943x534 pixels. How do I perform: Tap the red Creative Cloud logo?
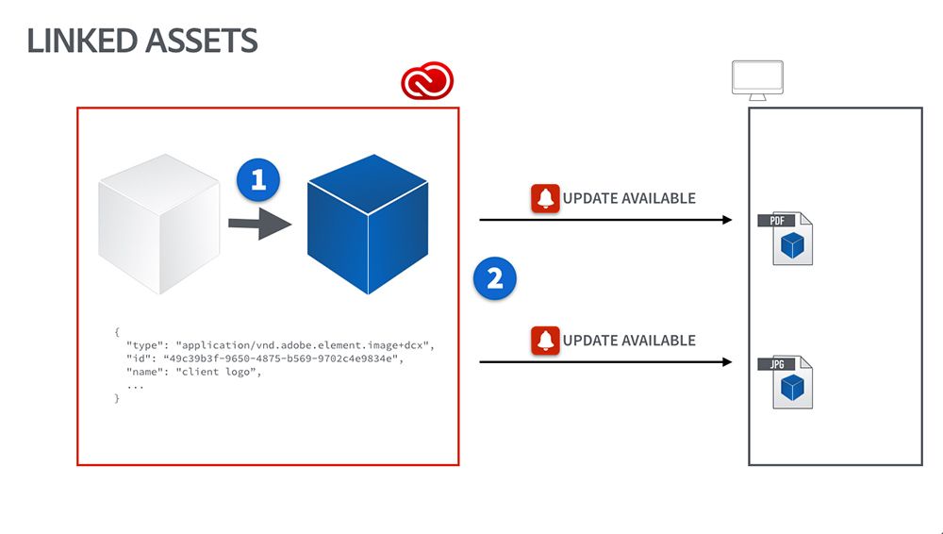point(427,82)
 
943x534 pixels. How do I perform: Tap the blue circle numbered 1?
point(258,178)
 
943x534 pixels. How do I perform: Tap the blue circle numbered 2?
point(494,278)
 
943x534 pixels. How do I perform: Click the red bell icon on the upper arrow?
point(545,198)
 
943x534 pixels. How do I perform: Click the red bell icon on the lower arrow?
point(545,340)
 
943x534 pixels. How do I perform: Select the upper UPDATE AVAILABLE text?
point(629,198)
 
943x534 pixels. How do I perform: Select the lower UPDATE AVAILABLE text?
point(629,340)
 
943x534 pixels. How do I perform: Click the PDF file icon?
point(787,239)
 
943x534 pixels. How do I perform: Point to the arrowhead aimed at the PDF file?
point(727,220)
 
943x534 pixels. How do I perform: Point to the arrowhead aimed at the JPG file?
point(727,361)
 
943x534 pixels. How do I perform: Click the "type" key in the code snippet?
point(147,346)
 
